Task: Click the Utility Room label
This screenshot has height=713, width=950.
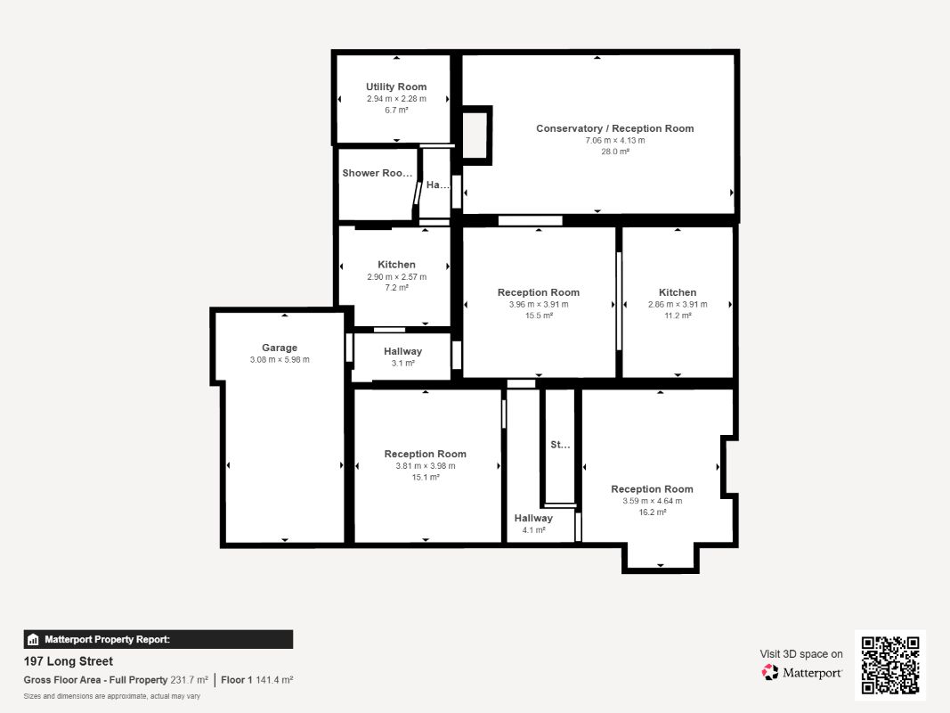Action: point(396,86)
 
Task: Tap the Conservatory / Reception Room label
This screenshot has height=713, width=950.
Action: point(615,128)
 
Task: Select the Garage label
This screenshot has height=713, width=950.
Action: point(280,348)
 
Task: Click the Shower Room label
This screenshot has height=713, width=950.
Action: point(377,173)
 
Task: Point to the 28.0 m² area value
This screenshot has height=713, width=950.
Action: point(615,152)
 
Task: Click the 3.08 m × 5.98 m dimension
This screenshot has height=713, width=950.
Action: point(280,359)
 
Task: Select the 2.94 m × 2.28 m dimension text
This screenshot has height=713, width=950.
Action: point(396,98)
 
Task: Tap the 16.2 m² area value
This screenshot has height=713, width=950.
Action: point(652,512)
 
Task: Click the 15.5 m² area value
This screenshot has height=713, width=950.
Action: point(539,316)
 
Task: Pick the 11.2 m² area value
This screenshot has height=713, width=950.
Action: point(678,316)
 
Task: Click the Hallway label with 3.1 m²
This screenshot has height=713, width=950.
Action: point(403,352)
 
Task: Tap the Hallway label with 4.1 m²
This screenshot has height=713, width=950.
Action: point(533,519)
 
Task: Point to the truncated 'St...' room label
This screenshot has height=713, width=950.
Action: point(560,445)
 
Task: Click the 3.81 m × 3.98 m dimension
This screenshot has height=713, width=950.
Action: point(426,465)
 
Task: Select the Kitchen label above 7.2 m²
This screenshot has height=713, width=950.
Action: point(396,265)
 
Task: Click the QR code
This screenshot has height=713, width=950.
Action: point(890,665)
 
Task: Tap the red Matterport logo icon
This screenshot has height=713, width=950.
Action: point(770,672)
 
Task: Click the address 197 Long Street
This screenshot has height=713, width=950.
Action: point(69,661)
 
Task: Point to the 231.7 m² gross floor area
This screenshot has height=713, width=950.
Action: point(189,680)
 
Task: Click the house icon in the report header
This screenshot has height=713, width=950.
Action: point(33,640)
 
